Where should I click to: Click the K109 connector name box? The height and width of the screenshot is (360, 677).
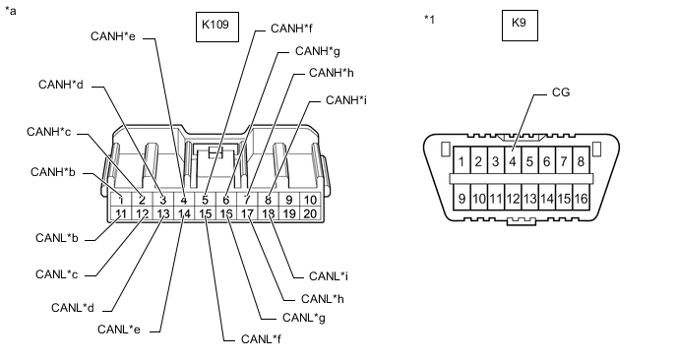click(217, 27)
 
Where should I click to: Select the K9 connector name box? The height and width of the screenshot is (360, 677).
click(520, 26)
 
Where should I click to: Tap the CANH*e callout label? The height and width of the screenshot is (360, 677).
click(113, 36)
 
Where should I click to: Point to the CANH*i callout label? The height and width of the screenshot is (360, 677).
click(346, 100)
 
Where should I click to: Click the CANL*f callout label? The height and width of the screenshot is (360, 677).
click(261, 339)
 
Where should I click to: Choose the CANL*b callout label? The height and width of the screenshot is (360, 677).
click(56, 238)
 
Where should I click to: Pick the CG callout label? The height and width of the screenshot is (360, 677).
click(561, 92)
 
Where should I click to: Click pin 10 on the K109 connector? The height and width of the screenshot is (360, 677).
click(310, 200)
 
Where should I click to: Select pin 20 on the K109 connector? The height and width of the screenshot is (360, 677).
click(310, 213)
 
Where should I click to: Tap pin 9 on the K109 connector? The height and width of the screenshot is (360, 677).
click(289, 200)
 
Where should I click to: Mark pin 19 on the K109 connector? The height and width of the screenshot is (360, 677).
click(289, 213)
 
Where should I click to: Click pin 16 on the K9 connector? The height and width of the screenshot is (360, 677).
click(581, 198)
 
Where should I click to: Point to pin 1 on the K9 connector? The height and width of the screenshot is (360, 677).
click(462, 161)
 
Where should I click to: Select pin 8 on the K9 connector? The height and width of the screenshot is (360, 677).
click(581, 161)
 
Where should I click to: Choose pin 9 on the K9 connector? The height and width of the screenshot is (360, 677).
click(462, 198)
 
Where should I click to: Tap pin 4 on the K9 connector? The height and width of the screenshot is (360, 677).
click(513, 161)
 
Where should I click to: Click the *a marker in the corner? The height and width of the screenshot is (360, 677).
click(11, 11)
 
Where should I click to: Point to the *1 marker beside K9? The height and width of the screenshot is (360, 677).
click(429, 19)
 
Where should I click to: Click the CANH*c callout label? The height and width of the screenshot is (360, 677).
click(48, 132)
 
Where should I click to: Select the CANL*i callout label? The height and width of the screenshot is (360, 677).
click(329, 276)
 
